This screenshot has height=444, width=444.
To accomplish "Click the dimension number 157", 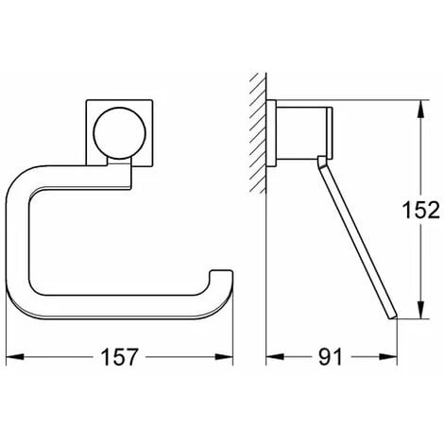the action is coord(119,357).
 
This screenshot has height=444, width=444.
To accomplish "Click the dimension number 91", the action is coord(330,357).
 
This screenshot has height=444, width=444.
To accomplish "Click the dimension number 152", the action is coord(421,210).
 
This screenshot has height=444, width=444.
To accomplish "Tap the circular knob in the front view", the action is coord(120,133).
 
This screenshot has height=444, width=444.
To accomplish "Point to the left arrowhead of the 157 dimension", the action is coord(15,357).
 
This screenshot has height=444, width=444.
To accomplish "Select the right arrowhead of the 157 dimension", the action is coord(224,357).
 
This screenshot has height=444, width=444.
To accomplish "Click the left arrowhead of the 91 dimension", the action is coord(275,357).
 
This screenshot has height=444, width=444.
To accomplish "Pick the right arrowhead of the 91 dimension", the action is coord(388,357).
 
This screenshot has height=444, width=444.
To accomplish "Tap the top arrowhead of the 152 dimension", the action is coord(421,109).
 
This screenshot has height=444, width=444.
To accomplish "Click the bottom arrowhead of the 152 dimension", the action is coord(421,310).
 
